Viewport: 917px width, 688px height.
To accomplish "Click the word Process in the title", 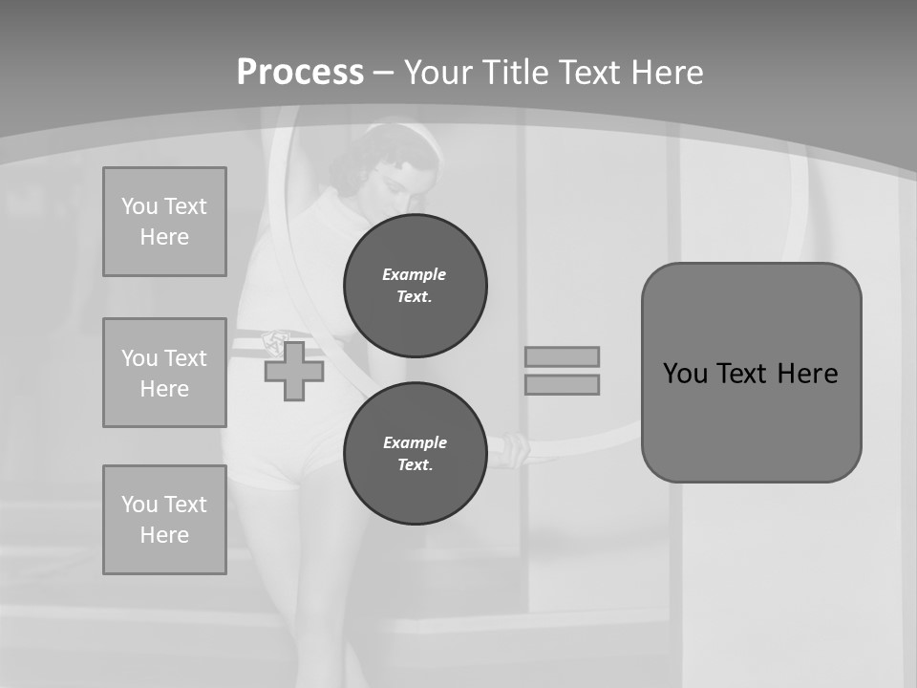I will tap(300, 72).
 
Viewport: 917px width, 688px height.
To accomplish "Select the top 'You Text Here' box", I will tap(164, 222).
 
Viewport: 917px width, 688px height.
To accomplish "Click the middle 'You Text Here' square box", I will tap(164, 373).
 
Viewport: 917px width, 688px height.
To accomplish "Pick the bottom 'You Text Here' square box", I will tap(164, 520).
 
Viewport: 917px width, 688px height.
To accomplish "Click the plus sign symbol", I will tap(294, 371).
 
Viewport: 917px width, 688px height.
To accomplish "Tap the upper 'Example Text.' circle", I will tap(416, 286).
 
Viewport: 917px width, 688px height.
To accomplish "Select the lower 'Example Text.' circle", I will tap(416, 454).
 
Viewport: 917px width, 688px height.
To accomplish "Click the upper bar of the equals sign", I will tap(562, 356).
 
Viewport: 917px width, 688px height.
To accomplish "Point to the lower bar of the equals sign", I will tap(562, 384).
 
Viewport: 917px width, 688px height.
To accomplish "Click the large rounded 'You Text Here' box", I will tap(751, 373).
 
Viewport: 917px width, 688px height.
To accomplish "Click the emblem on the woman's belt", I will tap(276, 341).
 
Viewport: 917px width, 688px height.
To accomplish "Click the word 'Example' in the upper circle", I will tap(414, 274).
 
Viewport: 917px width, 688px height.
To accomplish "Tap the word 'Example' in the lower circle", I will tap(415, 442).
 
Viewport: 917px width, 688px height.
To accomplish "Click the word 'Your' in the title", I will tap(437, 72).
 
